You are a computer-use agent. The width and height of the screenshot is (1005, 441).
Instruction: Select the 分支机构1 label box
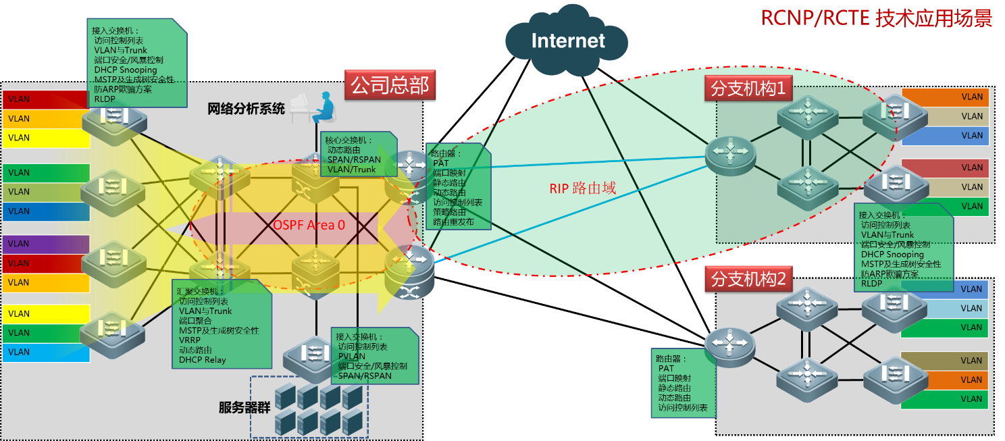click(x=748, y=88)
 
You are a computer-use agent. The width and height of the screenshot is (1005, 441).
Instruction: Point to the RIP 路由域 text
click(x=582, y=188)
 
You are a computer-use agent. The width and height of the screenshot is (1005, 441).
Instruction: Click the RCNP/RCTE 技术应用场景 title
click(x=876, y=18)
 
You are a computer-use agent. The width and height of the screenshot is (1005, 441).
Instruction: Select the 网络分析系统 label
click(x=246, y=109)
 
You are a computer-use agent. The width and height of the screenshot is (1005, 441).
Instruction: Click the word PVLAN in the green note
click(x=352, y=356)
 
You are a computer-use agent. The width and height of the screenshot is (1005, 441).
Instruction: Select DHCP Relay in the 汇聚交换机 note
click(x=203, y=360)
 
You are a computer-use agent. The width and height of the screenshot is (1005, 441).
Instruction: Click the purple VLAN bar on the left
click(x=46, y=244)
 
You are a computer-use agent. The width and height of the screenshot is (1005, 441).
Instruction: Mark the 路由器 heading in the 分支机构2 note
click(x=671, y=359)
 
